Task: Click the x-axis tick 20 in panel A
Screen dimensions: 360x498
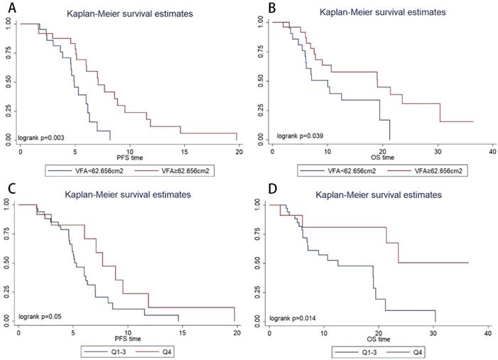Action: (239, 151)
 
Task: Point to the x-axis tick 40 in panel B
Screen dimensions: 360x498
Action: (493, 151)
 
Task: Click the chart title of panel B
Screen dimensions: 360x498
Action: (382, 12)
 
